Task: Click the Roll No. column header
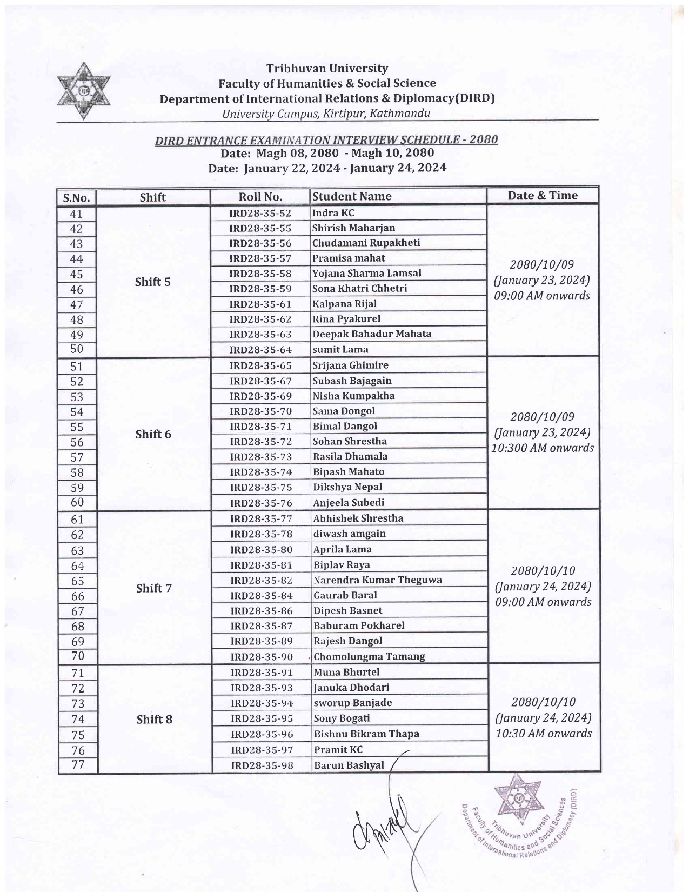pyautogui.click(x=260, y=197)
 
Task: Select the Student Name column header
pyautogui.click(x=352, y=196)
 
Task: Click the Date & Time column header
pyautogui.click(x=542, y=196)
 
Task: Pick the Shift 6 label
pyautogui.click(x=153, y=434)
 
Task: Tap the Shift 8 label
pyautogui.click(x=155, y=719)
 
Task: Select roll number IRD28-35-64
pyautogui.click(x=260, y=350)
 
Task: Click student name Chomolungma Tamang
pyautogui.click(x=369, y=657)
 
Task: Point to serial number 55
pyautogui.click(x=77, y=428)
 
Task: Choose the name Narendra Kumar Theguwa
pyautogui.click(x=377, y=580)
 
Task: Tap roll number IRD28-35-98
pyautogui.click(x=262, y=765)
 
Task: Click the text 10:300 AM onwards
pyautogui.click(x=543, y=448)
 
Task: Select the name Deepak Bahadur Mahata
pyautogui.click(x=372, y=334)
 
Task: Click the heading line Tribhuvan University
pyautogui.click(x=327, y=69)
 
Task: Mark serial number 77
pyautogui.click(x=78, y=765)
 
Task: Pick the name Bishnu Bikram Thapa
pyautogui.click(x=366, y=734)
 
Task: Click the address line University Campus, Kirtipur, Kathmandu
pyautogui.click(x=326, y=114)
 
